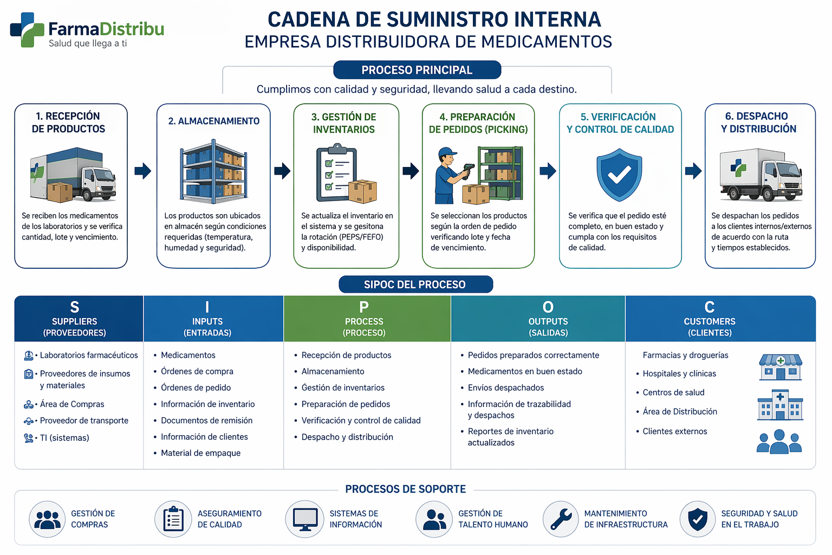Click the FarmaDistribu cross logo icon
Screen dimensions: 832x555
coord(27,30)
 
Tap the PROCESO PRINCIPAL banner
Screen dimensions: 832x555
coord(417,70)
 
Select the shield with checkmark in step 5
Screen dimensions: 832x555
coord(619,175)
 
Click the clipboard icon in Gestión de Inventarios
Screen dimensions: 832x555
coord(336,172)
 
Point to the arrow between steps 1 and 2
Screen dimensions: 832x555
coord(142,171)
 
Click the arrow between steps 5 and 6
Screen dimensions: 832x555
coord(693,171)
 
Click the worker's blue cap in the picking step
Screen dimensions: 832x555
coord(447,152)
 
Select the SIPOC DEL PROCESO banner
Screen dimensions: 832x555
coord(415,285)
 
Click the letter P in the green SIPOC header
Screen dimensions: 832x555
coord(364,307)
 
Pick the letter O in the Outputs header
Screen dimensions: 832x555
coord(548,307)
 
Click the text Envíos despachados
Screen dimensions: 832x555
coord(506,388)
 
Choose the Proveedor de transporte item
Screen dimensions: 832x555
coord(84,421)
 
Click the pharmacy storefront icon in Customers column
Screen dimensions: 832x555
coord(781,367)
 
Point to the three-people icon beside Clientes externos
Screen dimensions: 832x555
coord(779,442)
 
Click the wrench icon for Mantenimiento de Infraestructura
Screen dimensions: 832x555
coord(561,519)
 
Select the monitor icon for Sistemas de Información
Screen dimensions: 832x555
coord(305,519)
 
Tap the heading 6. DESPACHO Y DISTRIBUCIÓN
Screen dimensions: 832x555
coord(758,122)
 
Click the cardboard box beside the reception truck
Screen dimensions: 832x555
coord(60,192)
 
